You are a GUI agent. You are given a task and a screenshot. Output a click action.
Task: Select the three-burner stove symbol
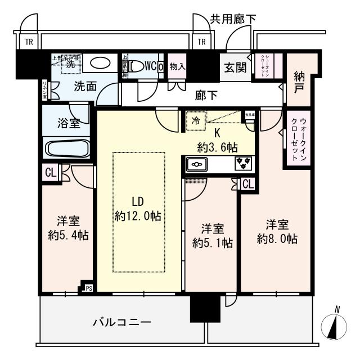[x=244, y=164]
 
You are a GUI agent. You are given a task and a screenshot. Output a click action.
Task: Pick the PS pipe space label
[x=88, y=289]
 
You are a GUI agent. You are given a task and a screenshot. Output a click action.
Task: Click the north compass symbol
[x=335, y=326]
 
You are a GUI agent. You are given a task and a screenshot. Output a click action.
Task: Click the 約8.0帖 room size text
[x=277, y=238]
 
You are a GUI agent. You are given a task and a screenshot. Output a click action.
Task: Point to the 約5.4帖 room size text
[x=67, y=234]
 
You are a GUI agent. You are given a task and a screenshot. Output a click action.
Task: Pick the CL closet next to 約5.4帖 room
[x=50, y=174]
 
